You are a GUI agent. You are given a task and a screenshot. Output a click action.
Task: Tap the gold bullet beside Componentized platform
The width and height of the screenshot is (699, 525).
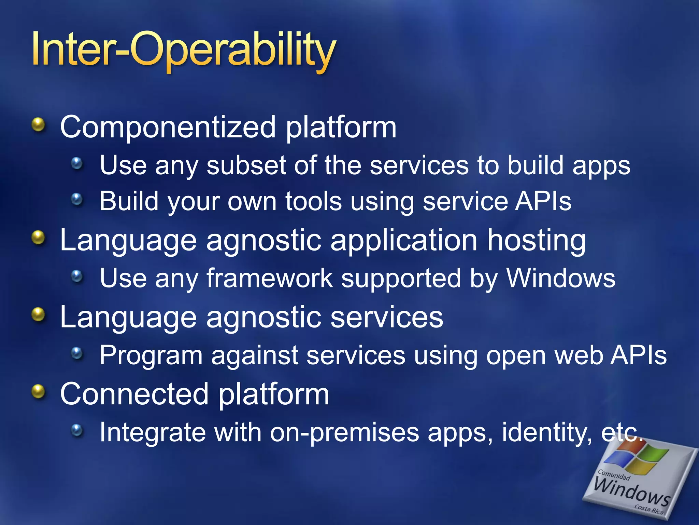[x=39, y=125]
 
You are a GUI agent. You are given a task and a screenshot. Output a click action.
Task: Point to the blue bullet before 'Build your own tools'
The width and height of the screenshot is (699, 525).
[x=77, y=199]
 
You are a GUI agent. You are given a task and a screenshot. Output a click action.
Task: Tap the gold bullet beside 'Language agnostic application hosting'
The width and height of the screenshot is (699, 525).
[x=39, y=237]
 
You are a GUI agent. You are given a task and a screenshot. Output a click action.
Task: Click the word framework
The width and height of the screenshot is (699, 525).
[x=270, y=278]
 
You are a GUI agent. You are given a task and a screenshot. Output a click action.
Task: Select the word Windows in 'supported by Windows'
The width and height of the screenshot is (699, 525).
[x=561, y=278]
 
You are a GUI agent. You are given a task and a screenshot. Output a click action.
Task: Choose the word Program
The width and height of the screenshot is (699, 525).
[x=151, y=356]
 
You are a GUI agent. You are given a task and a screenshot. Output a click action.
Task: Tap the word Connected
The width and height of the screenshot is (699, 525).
[x=134, y=394]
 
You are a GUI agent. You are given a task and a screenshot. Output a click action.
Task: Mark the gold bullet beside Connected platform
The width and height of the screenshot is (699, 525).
[x=39, y=392]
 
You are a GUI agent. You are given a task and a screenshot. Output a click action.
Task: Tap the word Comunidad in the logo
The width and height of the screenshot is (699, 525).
[x=614, y=475]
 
